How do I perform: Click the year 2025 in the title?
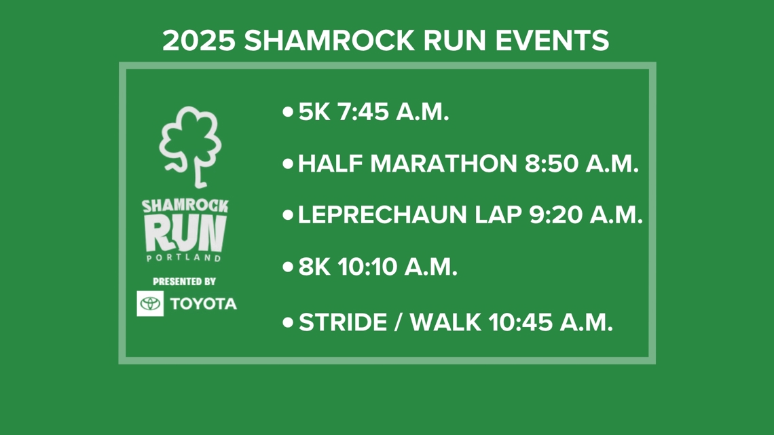pyautogui.click(x=198, y=41)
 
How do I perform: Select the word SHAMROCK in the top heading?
pyautogui.click(x=329, y=41)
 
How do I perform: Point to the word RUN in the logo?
pyautogui.click(x=184, y=233)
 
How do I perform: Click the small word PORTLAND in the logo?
pyautogui.click(x=184, y=259)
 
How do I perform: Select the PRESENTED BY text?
pyautogui.click(x=184, y=281)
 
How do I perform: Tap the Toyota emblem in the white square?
pyautogui.click(x=150, y=303)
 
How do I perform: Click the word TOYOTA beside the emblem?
pyautogui.click(x=204, y=303)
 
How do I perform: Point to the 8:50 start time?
pyautogui.click(x=547, y=164)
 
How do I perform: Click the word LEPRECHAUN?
pyautogui.click(x=384, y=215)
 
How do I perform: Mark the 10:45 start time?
pyautogui.click(x=521, y=322)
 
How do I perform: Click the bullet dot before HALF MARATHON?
pyautogui.click(x=289, y=164)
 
